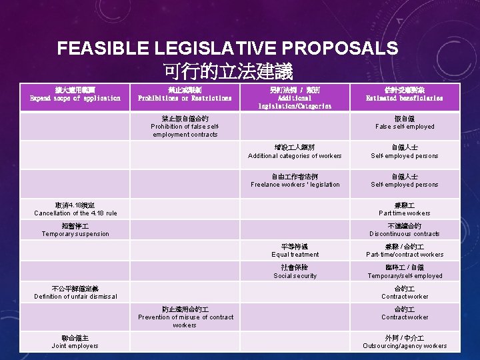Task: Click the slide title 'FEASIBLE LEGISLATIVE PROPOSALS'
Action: pyautogui.click(x=227, y=48)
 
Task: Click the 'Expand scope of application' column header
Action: pyautogui.click(x=75, y=94)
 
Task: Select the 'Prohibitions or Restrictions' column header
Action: pyautogui.click(x=185, y=94)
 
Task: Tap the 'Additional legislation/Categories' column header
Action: pyautogui.click(x=295, y=98)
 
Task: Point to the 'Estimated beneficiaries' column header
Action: pyautogui.click(x=405, y=94)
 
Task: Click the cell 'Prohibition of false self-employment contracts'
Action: pyautogui.click(x=185, y=127)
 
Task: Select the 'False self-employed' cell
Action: pyautogui.click(x=405, y=123)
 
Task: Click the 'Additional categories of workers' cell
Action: pyautogui.click(x=295, y=151)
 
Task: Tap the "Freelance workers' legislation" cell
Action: pyautogui.click(x=295, y=181)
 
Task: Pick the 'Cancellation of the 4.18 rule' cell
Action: pyautogui.click(x=75, y=209)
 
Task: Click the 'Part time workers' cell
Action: pyautogui.click(x=405, y=209)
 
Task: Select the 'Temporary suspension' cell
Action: pyautogui.click(x=75, y=230)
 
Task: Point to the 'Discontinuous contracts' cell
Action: pyautogui.click(x=405, y=230)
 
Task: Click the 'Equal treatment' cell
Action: pyautogui.click(x=295, y=251)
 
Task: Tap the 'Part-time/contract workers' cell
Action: pyautogui.click(x=405, y=251)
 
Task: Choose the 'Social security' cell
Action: pyautogui.click(x=295, y=272)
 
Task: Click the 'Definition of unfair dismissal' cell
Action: pyautogui.click(x=75, y=293)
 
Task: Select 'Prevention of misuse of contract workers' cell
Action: pyautogui.click(x=185, y=317)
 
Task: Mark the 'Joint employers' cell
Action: pyautogui.click(x=75, y=342)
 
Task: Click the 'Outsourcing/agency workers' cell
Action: pyautogui.click(x=405, y=342)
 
